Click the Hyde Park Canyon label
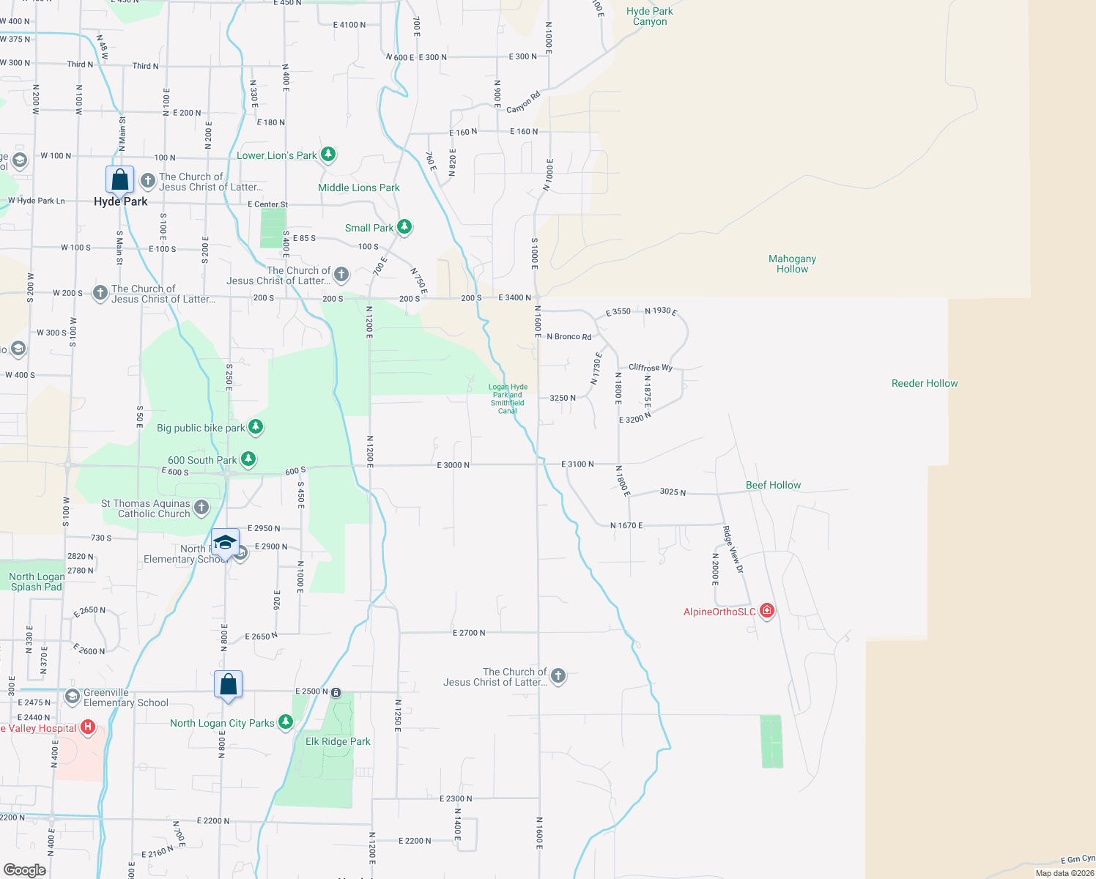click(x=649, y=16)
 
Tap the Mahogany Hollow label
click(x=792, y=264)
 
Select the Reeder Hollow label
click(x=925, y=383)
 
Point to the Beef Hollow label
click(x=773, y=485)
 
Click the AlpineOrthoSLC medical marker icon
click(x=767, y=611)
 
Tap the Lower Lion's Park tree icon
click(x=328, y=155)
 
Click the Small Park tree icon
click(x=404, y=227)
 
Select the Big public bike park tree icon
click(x=255, y=426)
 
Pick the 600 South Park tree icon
click(x=248, y=459)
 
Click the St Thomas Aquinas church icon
click(x=201, y=507)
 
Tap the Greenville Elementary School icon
click(x=72, y=697)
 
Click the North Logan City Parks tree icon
click(x=286, y=722)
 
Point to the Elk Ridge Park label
click(x=338, y=741)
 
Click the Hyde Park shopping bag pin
click(x=119, y=180)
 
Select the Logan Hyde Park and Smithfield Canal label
click(x=508, y=398)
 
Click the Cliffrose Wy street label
click(x=650, y=368)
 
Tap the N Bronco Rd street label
click(x=569, y=337)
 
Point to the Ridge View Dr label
click(x=733, y=549)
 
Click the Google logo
click(x=24, y=869)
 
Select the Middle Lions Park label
click(x=358, y=188)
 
